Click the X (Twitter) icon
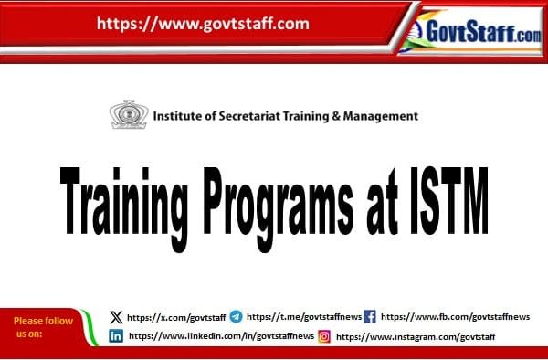tap(115, 317)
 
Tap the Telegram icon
tap(237, 317)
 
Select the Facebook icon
tap(370, 317)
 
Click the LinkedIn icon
tap(116, 336)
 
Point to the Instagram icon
tap(324, 336)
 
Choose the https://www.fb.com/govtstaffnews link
tap(455, 317)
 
